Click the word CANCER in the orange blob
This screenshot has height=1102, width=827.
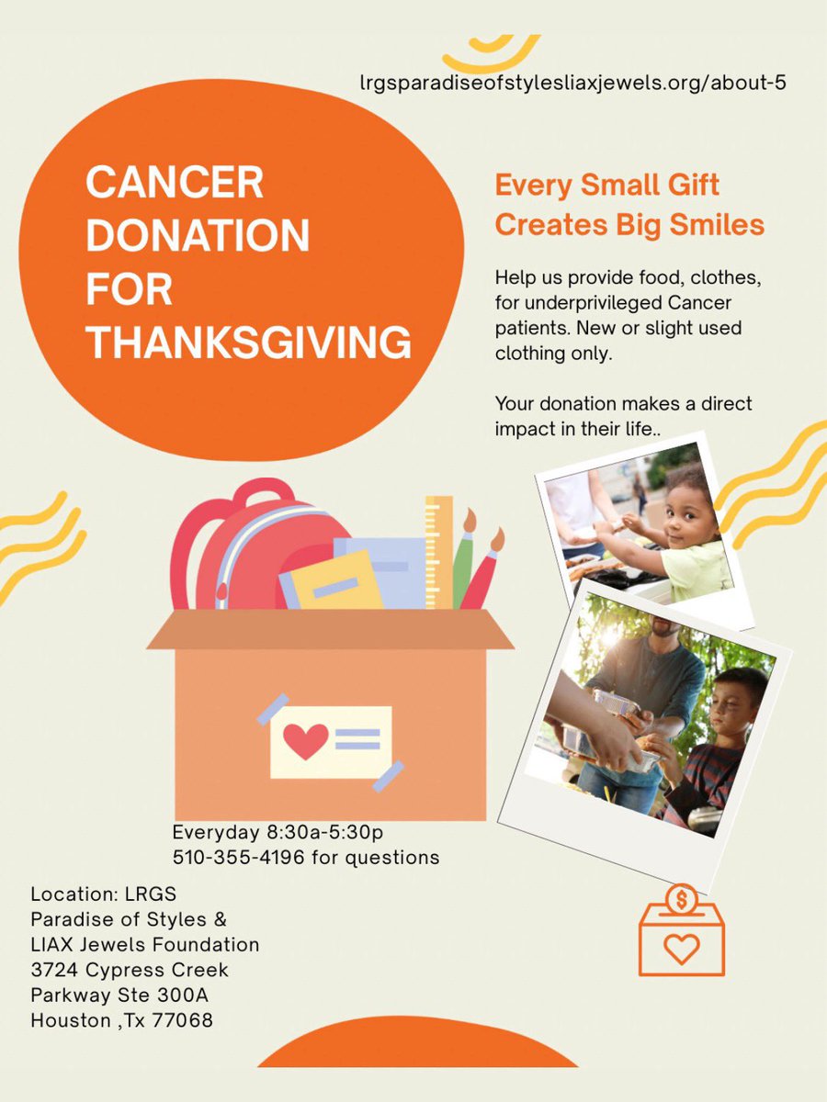pos(175,183)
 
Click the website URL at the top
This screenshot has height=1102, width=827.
pos(573,83)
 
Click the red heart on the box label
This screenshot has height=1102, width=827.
pos(305,738)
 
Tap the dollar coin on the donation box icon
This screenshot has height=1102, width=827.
pos(681,897)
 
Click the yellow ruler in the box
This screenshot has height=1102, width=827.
pos(438,551)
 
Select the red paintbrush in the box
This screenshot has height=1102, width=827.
pos(485,574)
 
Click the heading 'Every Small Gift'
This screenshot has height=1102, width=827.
pos(606,186)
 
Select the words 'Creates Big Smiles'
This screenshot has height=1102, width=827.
pos(629,225)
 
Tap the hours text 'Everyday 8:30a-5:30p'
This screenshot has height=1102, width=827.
pos(277,832)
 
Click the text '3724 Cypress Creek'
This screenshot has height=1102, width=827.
pos(130,969)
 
